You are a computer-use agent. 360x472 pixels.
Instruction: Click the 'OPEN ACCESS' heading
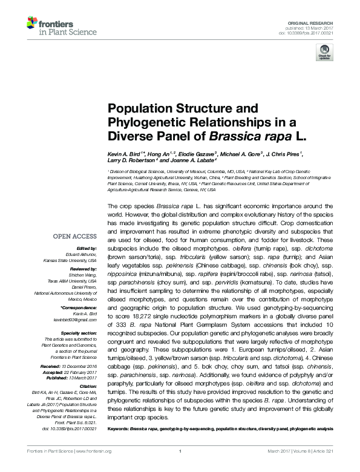click(76, 237)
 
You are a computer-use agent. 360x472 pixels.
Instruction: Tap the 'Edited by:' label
click(87, 249)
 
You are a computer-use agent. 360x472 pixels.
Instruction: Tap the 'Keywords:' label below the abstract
click(119, 428)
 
